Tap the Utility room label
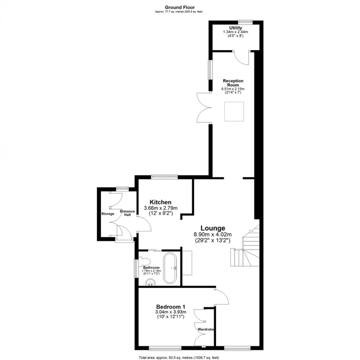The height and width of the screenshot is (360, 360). point(235,28)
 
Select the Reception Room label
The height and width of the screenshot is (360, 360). point(233,83)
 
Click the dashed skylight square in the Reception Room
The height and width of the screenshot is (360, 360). point(234,111)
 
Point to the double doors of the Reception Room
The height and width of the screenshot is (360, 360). point(204,107)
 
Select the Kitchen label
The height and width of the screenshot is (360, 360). point(160,202)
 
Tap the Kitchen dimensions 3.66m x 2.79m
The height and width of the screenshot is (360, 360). point(160,208)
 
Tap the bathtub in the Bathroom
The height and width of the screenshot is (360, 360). point(171,267)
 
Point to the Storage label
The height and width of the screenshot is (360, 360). point(108,214)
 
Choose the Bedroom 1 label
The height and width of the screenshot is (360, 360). point(170,307)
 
